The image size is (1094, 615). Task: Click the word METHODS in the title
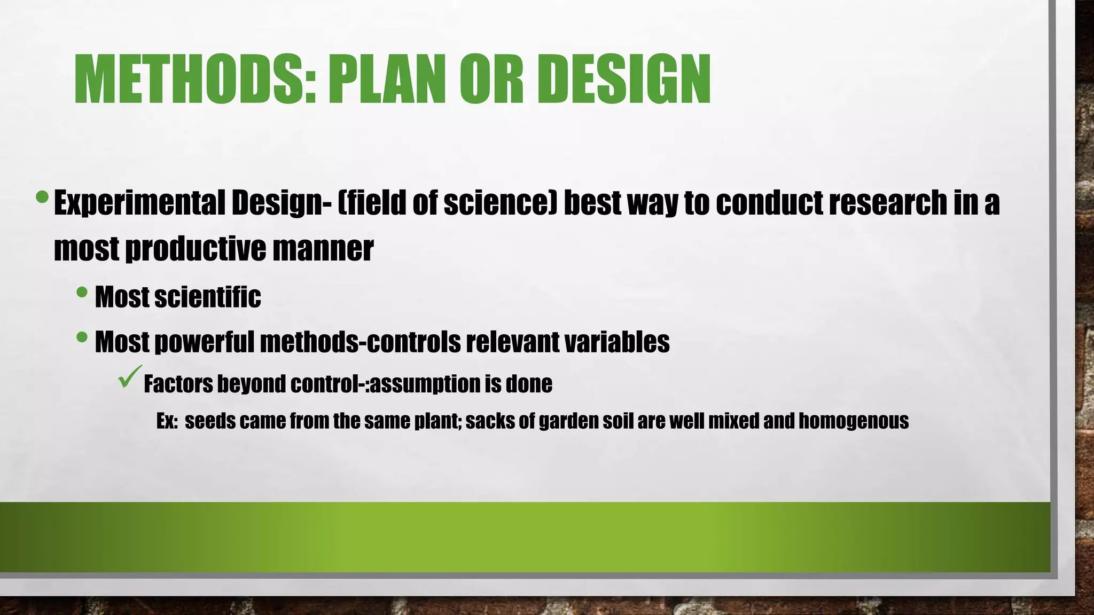pos(195,79)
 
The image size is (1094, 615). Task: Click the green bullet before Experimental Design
pos(42,198)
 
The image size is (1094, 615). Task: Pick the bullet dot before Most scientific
pos(82,292)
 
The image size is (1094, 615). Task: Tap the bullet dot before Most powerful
pos(82,337)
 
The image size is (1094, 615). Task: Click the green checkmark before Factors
pos(130,377)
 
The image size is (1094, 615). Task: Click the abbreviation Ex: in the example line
pos(167,421)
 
